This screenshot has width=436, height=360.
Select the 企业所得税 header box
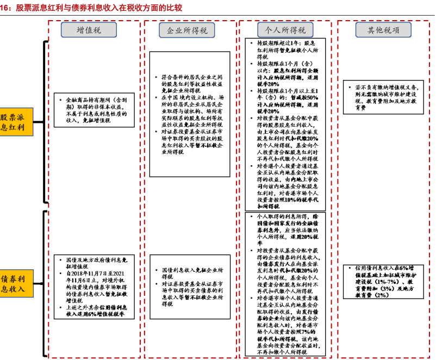186,30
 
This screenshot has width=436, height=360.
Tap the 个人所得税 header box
284,30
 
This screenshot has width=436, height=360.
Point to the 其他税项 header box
382,30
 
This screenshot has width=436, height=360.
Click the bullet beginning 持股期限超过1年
287,49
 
